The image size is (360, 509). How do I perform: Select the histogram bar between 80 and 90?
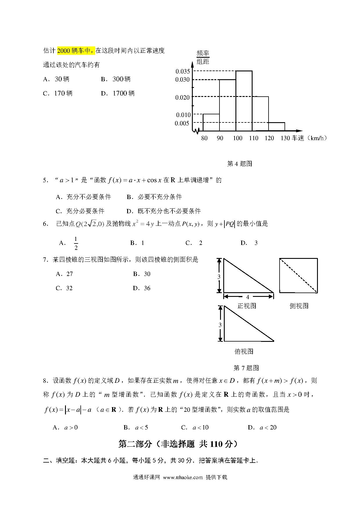211,122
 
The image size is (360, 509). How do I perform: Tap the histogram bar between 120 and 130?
276,127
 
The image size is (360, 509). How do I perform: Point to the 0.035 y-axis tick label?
183,71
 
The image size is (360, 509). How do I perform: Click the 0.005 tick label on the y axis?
182,123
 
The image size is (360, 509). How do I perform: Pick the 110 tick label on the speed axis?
253,138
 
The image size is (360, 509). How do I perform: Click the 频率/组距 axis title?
203,57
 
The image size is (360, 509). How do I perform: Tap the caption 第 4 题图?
240,164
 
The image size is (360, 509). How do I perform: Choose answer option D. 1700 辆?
118,93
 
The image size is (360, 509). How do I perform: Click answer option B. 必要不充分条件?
154,197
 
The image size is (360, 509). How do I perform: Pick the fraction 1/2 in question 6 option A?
76,243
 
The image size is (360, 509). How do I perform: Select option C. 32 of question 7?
64,288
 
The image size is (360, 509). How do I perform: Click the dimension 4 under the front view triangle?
248,297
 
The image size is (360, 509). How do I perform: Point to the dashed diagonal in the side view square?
298,275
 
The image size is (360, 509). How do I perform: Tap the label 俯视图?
244,351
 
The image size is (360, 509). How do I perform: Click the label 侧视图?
299,306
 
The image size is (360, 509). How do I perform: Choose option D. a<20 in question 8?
262,427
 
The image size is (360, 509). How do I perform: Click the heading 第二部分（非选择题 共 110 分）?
180,444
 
